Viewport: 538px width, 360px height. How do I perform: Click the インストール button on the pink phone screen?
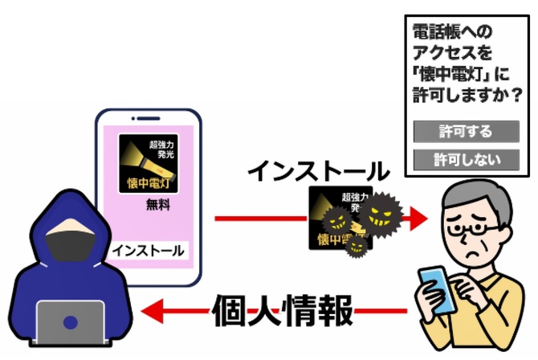[148, 250]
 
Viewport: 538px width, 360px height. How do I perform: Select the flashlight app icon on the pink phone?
[149, 164]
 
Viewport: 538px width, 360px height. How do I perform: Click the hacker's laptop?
[72, 325]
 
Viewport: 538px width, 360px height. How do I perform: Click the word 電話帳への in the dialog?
[451, 33]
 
